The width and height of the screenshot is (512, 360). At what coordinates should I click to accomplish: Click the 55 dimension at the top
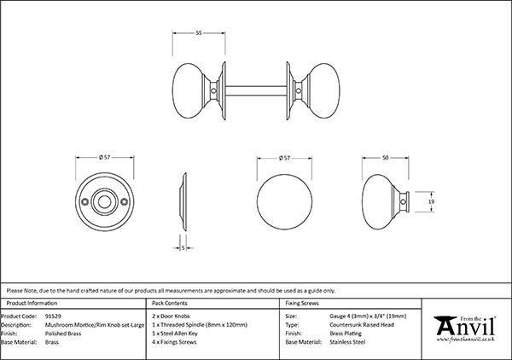198,33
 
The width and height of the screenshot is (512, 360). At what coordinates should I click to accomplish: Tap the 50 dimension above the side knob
387,158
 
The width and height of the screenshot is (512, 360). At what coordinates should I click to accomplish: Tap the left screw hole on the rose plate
86,202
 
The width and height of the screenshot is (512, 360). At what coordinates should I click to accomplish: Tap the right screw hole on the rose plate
125,202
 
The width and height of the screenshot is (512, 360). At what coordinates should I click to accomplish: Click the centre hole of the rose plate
106,202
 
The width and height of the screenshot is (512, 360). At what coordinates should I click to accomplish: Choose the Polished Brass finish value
63,333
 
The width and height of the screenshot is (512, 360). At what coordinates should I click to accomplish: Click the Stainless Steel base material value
350,341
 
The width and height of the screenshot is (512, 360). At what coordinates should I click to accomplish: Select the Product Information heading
32,303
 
